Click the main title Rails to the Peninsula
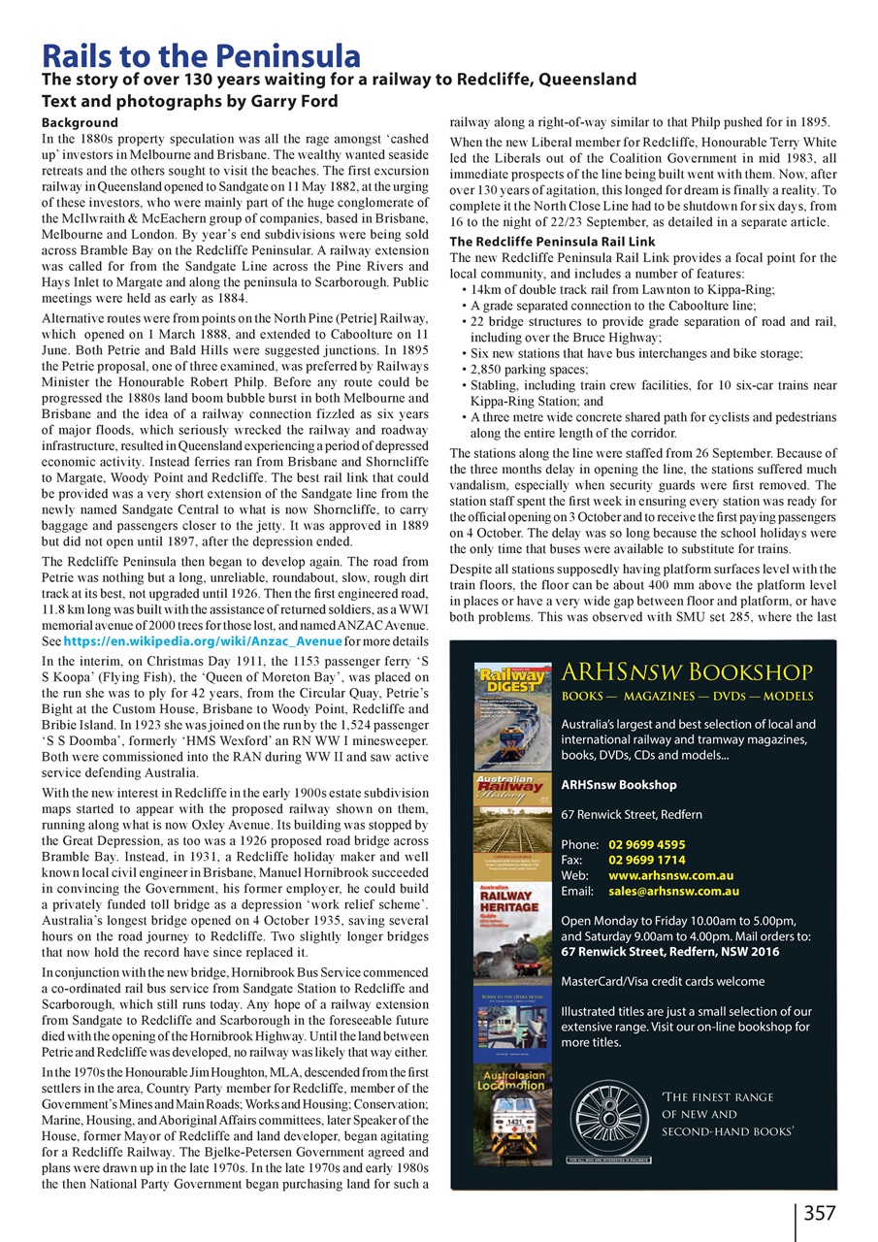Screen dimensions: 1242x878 click(201, 55)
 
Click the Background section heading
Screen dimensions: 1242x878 click(81, 123)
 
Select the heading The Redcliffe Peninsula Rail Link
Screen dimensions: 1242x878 click(553, 242)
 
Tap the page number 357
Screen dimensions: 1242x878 click(820, 1212)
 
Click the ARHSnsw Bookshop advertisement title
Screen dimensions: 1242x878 click(687, 672)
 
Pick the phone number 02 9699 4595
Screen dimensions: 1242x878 click(646, 844)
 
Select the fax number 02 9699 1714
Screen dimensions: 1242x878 click(646, 860)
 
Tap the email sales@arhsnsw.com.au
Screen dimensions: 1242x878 click(673, 891)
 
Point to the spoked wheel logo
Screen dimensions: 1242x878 click(610, 1116)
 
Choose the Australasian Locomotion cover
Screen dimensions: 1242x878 click(512, 1116)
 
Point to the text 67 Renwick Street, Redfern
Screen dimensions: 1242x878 click(632, 814)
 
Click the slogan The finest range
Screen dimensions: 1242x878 click(717, 1097)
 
